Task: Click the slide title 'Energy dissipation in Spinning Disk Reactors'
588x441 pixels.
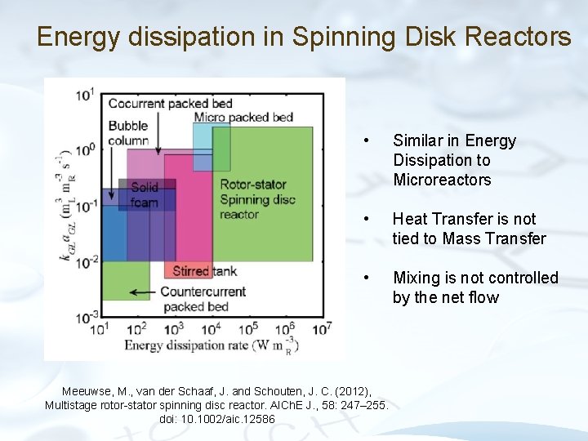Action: click(304, 36)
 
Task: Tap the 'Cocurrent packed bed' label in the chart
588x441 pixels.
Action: click(170, 104)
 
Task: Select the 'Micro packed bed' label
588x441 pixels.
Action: click(243, 118)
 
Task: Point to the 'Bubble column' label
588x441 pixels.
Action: click(128, 133)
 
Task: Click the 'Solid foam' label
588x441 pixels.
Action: click(145, 195)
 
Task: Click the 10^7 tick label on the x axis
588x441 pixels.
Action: click(323, 327)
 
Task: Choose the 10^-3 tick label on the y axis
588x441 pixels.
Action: click(85, 316)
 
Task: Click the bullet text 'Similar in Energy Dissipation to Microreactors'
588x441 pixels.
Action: click(454, 160)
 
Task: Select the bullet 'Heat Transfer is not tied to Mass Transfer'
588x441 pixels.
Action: click(469, 229)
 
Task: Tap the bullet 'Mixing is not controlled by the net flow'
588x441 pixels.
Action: click(474, 287)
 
